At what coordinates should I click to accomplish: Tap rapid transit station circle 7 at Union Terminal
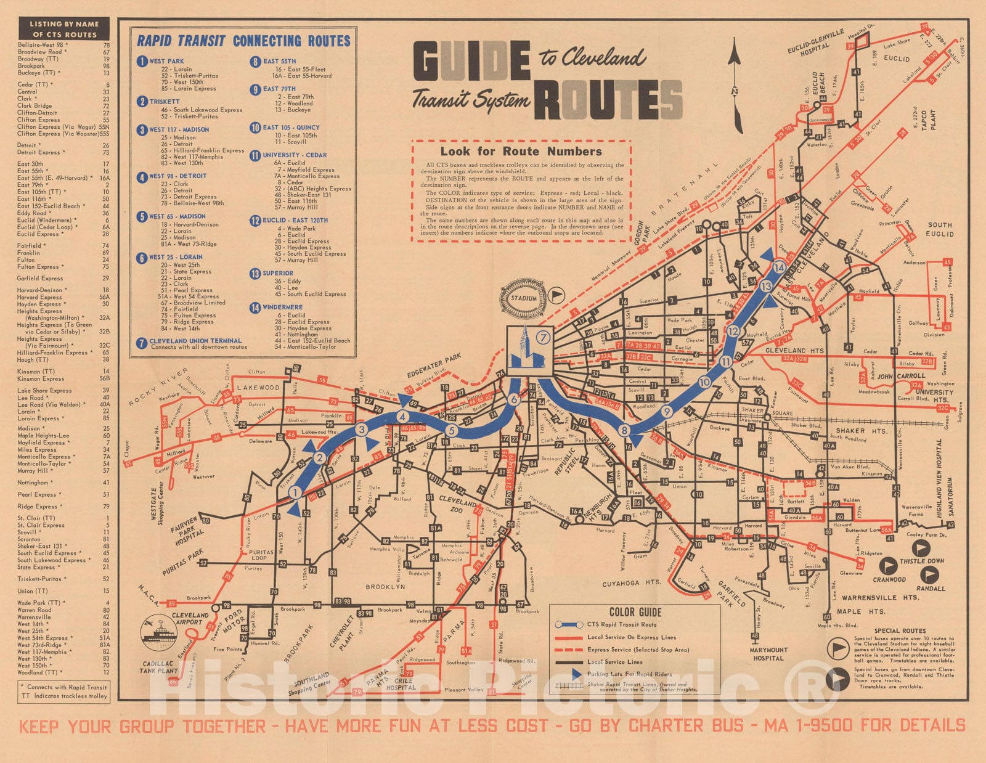(542, 337)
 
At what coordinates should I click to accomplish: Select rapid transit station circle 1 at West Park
(295, 492)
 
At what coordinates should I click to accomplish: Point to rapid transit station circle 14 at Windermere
(780, 267)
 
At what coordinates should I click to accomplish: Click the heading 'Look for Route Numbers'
(521, 151)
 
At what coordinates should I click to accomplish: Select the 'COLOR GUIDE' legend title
(635, 612)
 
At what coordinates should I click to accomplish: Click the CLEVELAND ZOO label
(458, 506)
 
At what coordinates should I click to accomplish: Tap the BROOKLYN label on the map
(385, 587)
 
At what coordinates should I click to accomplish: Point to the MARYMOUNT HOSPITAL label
(768, 654)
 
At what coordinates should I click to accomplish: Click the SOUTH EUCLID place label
(940, 229)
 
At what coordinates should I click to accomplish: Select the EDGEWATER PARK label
(434, 366)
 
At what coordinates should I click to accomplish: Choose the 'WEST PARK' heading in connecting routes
(166, 61)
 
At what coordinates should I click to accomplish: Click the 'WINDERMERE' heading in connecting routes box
(282, 307)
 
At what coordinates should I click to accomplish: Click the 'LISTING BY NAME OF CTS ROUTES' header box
(64, 29)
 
